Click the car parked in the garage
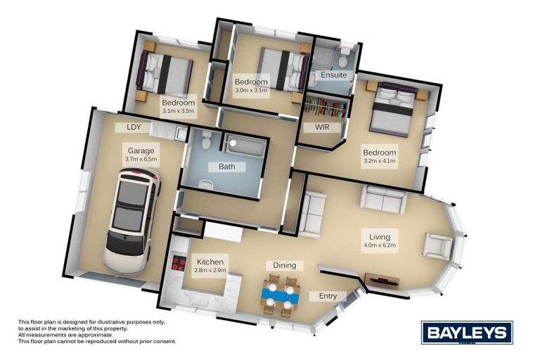[x=132, y=218]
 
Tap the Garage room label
[x=141, y=150]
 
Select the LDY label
[x=134, y=127]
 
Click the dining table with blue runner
[x=281, y=295]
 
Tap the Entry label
[x=328, y=296]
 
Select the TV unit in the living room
[x=382, y=282]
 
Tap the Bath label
[x=226, y=167]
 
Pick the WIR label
[x=321, y=127]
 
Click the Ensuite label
[x=333, y=75]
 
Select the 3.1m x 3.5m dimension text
[x=178, y=110]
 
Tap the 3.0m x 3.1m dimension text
[x=251, y=91]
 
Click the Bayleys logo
[x=466, y=331]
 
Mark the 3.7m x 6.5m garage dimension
[x=141, y=160]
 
